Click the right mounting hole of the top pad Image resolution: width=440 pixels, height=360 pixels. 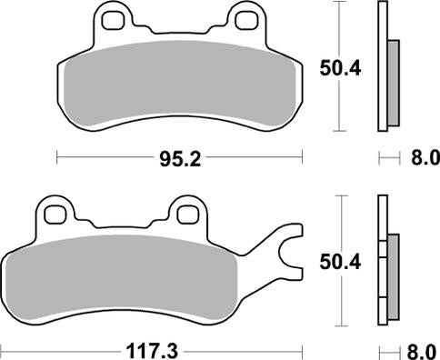tap(245, 17)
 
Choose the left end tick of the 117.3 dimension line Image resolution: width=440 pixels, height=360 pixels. tap(3, 348)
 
